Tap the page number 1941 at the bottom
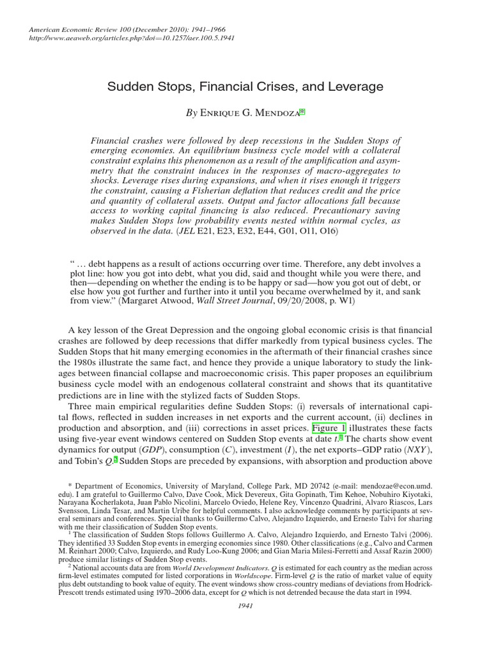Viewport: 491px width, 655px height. [245, 606]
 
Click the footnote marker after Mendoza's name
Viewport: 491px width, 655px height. [302, 111]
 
